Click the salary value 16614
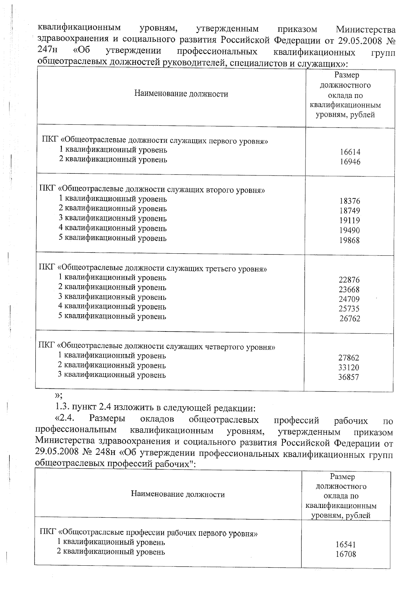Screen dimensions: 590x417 pyautogui.click(x=350, y=152)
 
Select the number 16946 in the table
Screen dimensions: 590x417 pyautogui.click(x=350, y=162)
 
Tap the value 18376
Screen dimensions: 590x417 pyautogui.click(x=350, y=201)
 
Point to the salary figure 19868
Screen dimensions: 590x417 pyautogui.click(x=350, y=240)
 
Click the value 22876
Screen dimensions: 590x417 pyautogui.click(x=349, y=280)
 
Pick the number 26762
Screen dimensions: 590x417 pyautogui.click(x=350, y=319)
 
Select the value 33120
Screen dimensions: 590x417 pyautogui.click(x=349, y=367)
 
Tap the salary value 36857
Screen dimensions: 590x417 pyautogui.click(x=349, y=377)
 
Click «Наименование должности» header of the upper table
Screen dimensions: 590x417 pyautogui.click(x=181, y=94)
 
